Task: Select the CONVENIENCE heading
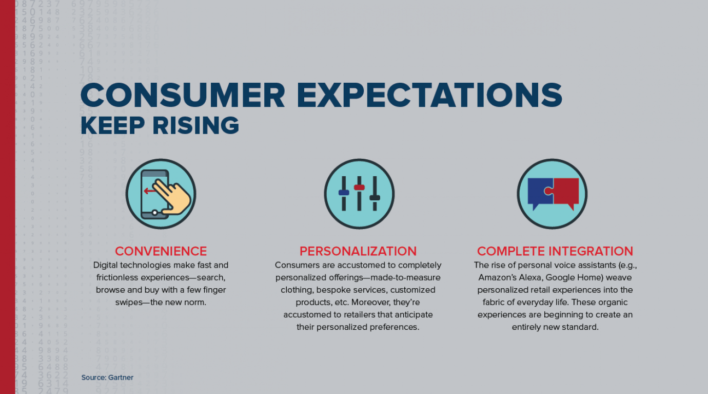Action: pyautogui.click(x=161, y=251)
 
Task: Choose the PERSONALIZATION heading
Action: pyautogui.click(x=358, y=251)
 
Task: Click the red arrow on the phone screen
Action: pyautogui.click(x=149, y=191)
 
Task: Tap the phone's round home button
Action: pyautogui.click(x=154, y=212)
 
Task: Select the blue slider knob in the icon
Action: pyautogui.click(x=344, y=193)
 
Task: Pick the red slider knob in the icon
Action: pyautogui.click(x=359, y=187)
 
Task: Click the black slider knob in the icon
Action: pyautogui.click(x=375, y=198)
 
